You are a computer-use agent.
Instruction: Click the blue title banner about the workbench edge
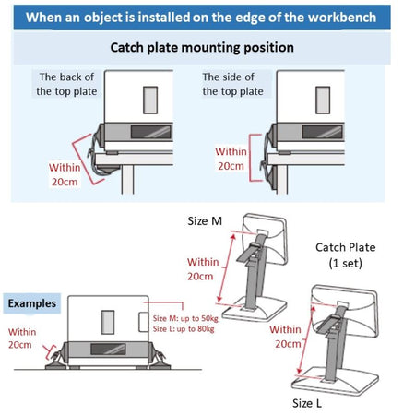click(202, 18)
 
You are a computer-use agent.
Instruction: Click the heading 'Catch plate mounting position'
click(202, 48)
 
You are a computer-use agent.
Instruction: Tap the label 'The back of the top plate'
click(66, 84)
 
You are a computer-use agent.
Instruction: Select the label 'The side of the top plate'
click(232, 84)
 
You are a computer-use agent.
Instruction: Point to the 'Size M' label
click(205, 221)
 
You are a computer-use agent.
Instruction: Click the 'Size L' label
click(307, 403)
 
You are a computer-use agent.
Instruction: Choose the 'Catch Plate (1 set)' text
click(346, 255)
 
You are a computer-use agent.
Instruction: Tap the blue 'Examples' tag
click(32, 303)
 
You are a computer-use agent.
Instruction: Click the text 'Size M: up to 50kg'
click(185, 318)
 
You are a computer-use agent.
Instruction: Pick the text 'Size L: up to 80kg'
click(184, 329)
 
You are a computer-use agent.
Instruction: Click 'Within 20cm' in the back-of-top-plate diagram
click(65, 174)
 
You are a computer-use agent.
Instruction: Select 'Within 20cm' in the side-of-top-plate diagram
click(231, 159)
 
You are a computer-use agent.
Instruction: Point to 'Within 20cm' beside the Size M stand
click(203, 269)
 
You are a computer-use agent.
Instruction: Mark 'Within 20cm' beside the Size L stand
click(286, 337)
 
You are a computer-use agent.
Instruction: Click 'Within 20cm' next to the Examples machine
click(22, 338)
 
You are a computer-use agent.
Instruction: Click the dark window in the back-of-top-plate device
click(151, 132)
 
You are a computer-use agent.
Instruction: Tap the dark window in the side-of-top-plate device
click(322, 132)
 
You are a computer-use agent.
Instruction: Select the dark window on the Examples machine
click(108, 349)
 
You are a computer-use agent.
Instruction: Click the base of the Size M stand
click(255, 309)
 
